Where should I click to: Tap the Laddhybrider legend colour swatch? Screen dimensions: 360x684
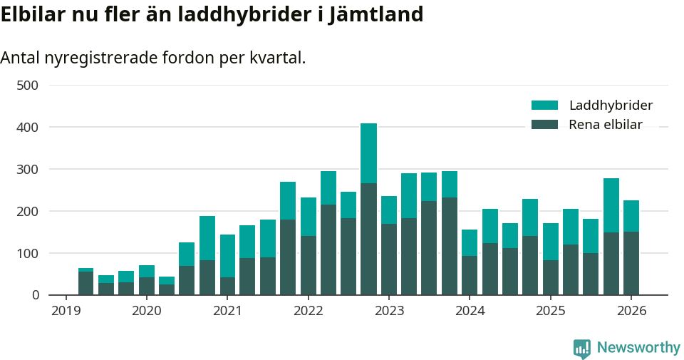544,106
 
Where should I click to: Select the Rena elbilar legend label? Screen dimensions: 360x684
606,125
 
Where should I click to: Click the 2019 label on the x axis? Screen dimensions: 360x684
66,311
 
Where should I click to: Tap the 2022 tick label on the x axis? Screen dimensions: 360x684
308,311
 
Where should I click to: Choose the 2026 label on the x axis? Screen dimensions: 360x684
631,311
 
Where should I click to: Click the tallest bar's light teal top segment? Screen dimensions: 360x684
368,153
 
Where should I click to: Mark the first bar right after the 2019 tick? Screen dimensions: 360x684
85,282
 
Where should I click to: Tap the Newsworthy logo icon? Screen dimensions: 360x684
581,348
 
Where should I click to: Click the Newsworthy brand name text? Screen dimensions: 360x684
638,348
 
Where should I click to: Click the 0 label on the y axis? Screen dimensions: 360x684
35,295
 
